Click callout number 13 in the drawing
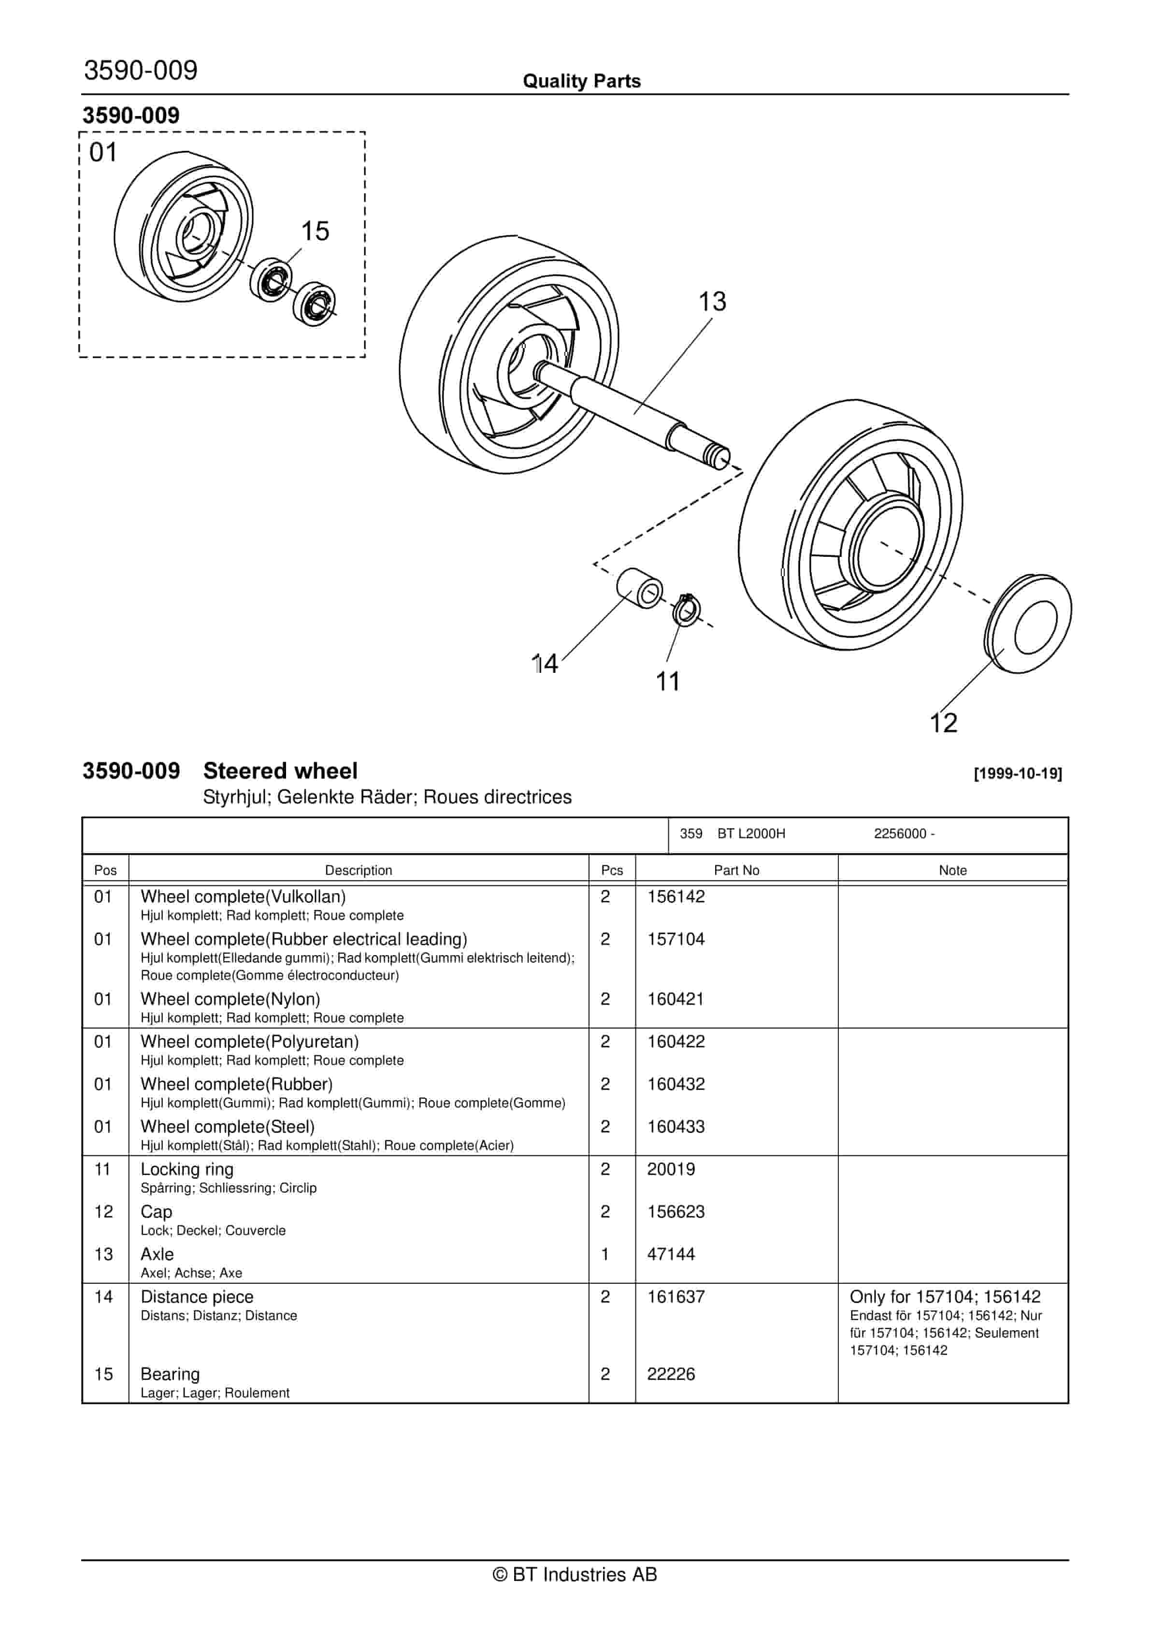pos(712,302)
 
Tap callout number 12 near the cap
pos(943,723)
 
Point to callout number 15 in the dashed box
pos(315,232)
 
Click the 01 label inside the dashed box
pos(103,153)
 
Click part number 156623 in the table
pos(676,1212)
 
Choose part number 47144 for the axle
pos(671,1254)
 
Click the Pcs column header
pos(612,871)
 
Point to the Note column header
pos(952,871)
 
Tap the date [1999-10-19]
pos(1018,773)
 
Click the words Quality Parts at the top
pos(581,81)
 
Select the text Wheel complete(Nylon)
pos(230,999)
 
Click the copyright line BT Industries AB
pos(575,1574)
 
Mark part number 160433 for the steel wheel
pos(676,1127)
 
